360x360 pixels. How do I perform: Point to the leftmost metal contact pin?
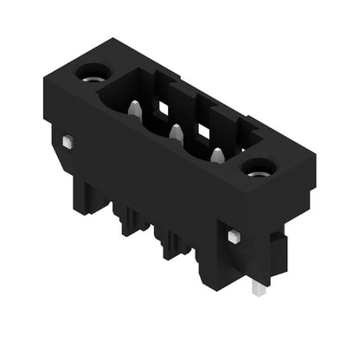point(135,110)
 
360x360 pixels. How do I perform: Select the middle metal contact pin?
point(175,132)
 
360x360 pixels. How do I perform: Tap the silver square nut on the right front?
point(232,235)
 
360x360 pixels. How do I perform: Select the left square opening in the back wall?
point(160,107)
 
